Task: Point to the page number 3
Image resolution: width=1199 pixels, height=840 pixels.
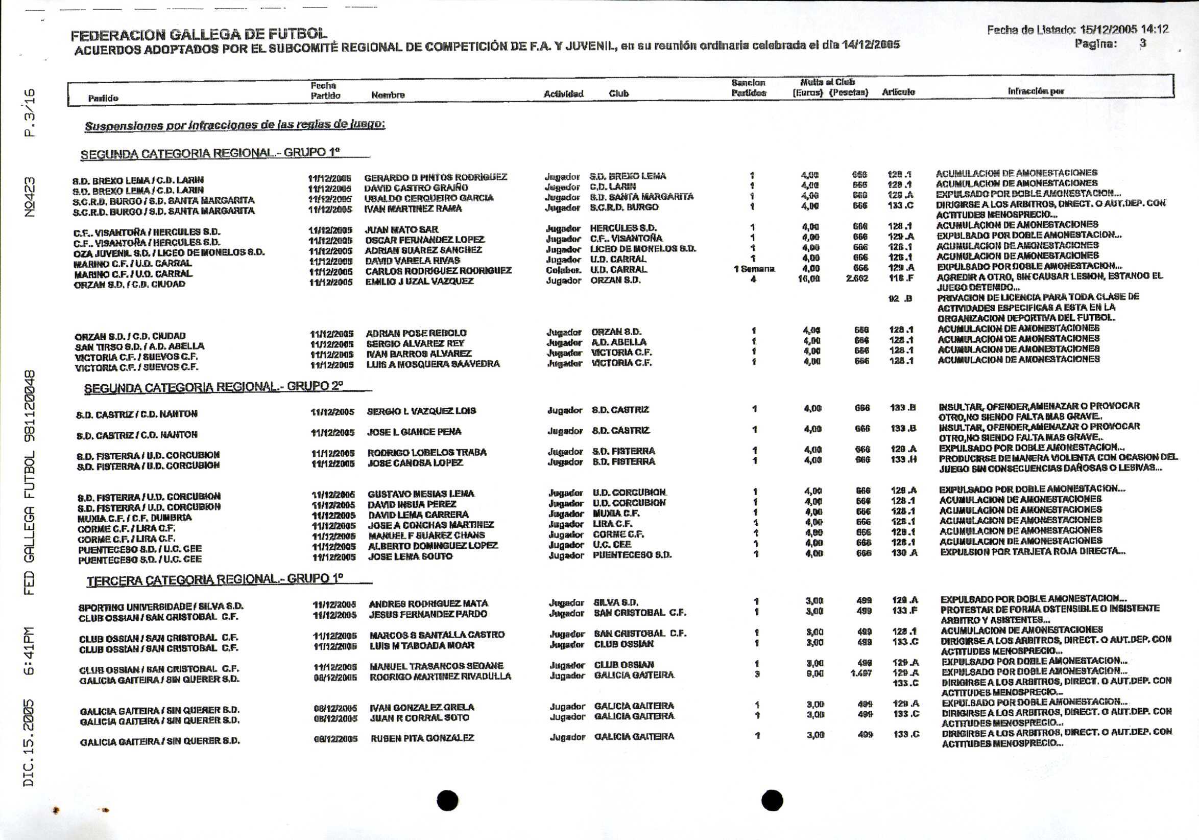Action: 1143,43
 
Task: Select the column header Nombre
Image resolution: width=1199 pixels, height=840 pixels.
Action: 388,95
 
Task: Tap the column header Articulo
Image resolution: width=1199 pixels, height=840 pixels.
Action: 898,92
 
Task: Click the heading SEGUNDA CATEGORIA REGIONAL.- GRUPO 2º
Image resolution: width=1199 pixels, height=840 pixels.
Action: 213,387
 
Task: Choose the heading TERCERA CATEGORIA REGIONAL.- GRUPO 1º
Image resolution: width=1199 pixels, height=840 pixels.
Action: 214,580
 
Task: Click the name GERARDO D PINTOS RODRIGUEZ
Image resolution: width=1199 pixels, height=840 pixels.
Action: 436,177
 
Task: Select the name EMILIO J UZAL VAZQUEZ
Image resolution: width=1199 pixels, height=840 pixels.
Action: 419,281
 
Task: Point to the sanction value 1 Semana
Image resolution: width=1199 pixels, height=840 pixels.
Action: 754,269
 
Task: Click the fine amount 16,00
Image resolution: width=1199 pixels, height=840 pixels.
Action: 809,279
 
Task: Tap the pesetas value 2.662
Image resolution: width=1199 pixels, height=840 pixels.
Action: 857,278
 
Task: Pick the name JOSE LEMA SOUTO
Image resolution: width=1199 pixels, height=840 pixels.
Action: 411,556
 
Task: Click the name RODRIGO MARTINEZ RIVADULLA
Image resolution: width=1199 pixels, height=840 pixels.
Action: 440,676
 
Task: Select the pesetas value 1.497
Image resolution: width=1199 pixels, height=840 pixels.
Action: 861,673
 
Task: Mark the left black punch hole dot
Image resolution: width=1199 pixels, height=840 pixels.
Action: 447,800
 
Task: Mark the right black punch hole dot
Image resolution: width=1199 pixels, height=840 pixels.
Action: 772,800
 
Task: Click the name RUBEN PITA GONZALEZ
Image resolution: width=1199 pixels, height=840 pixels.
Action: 422,738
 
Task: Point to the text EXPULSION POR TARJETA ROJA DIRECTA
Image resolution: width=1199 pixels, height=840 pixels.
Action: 1033,551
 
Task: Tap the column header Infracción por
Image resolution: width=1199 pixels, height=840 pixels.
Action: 1036,91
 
